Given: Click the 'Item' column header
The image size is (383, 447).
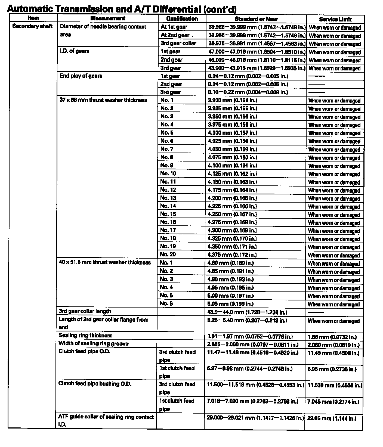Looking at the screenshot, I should pyautogui.click(x=33, y=18).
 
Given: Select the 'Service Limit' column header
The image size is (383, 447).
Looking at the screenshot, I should pyautogui.click(x=335, y=19).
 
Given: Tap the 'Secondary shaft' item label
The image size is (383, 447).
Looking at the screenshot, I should pyautogui.click(x=32, y=26).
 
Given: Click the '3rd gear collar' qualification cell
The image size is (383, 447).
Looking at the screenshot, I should pyautogui.click(x=178, y=43).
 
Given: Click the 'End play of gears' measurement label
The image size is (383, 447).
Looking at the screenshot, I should pyautogui.click(x=81, y=76).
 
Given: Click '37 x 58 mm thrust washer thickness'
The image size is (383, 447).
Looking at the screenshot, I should pyautogui.click(x=103, y=100).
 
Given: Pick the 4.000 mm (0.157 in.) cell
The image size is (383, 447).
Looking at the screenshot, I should pyautogui.click(x=232, y=133).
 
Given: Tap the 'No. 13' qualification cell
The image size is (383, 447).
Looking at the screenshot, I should pyautogui.click(x=168, y=198).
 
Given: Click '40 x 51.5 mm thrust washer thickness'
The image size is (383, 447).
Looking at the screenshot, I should pyautogui.click(x=105, y=262).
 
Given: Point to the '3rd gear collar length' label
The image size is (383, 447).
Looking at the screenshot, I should pyautogui.click(x=85, y=311).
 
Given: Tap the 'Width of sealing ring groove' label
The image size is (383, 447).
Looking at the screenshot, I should pyautogui.click(x=93, y=343).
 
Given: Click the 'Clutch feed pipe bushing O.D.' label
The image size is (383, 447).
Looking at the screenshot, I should pyautogui.click(x=95, y=384).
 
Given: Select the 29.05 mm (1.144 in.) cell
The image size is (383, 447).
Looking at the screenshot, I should pyautogui.click(x=331, y=418).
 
